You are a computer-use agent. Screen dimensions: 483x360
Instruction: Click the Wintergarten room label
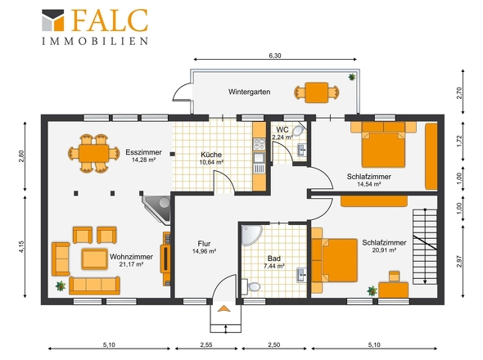(249, 92)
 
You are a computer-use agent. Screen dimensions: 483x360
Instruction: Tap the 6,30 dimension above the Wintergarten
(275, 56)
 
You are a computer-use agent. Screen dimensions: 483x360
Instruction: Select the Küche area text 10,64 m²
(211, 162)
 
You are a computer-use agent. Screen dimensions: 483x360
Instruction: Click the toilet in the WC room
(298, 131)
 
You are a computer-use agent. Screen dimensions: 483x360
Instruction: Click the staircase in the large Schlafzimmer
(425, 246)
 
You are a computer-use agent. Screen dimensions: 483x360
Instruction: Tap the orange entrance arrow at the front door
(223, 308)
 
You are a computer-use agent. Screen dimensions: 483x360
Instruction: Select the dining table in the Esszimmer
(93, 153)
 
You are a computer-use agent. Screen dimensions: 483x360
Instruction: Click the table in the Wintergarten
(316, 92)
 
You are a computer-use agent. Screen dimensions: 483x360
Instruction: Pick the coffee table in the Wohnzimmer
(95, 259)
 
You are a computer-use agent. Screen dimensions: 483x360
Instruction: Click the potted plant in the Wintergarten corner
(352, 77)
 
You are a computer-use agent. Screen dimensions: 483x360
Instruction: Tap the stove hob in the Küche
(259, 144)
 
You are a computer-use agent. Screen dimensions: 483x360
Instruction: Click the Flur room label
(204, 244)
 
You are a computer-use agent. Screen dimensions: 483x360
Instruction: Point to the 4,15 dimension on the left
(21, 246)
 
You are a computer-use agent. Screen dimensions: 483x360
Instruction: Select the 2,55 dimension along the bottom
(206, 345)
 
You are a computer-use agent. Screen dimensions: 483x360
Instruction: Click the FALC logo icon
(53, 20)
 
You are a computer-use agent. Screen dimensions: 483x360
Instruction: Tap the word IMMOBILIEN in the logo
(95, 41)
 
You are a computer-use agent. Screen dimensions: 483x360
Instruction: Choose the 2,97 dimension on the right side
(459, 261)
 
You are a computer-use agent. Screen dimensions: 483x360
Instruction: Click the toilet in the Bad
(251, 286)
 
